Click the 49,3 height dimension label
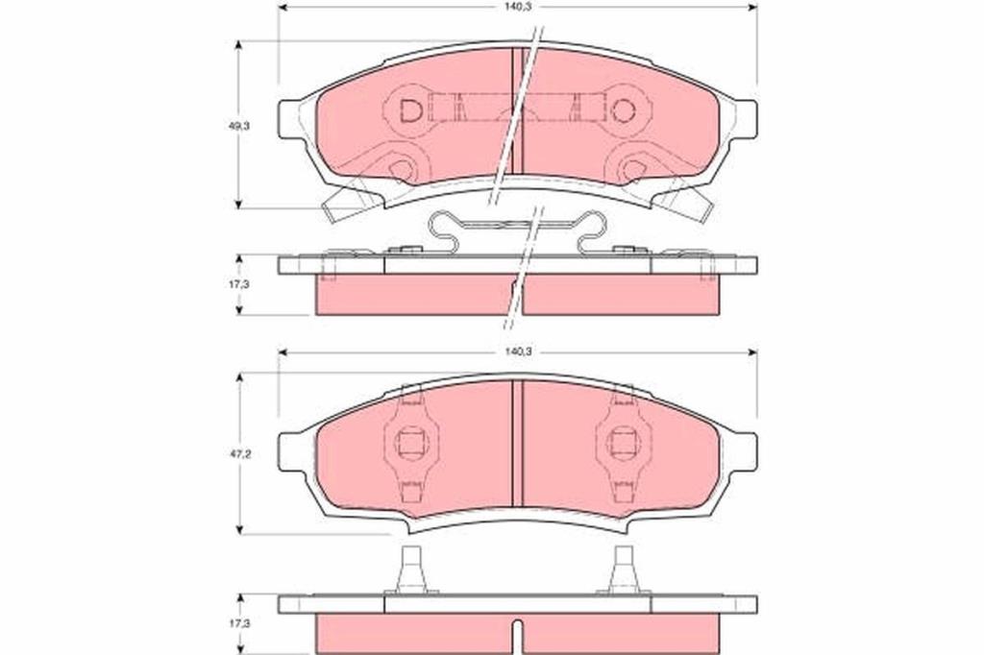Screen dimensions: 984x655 pos(239,126)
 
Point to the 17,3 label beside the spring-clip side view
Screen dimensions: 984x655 pos(239,283)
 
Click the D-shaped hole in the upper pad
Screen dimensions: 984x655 pos(411,111)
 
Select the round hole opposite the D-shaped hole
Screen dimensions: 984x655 pos(623,111)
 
